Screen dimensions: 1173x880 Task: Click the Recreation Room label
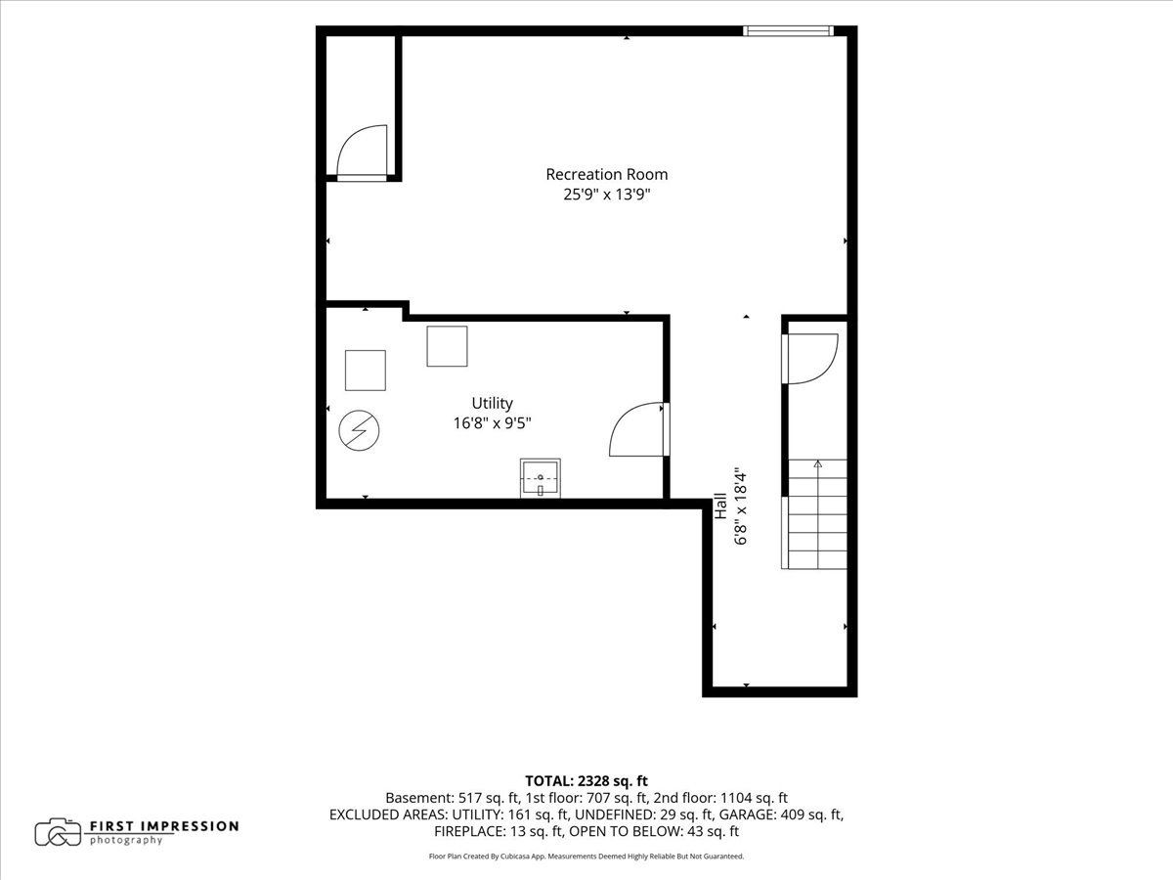[607, 175]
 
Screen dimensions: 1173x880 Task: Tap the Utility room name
[493, 403]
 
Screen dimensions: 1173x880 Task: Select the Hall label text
[720, 506]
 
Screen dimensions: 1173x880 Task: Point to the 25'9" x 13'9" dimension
[607, 194]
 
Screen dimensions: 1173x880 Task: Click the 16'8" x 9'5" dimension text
[493, 423]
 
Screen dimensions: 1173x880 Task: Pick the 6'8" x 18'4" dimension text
[741, 507]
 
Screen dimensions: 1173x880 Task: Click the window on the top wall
[788, 31]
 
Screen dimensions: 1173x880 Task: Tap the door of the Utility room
[639, 429]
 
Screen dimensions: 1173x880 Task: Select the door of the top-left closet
[362, 154]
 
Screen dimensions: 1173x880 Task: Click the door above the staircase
[809, 359]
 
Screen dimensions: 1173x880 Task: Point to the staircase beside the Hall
[814, 514]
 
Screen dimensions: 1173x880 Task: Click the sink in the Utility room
[541, 478]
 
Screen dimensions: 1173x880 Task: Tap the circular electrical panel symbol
[359, 430]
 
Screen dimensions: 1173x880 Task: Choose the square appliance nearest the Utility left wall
[366, 371]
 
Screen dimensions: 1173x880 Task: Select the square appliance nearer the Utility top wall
[447, 346]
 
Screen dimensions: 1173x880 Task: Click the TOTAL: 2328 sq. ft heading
[586, 781]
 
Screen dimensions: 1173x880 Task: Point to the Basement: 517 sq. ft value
[453, 798]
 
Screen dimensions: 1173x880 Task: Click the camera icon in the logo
[58, 832]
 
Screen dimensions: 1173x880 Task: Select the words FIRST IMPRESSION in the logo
[164, 826]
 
